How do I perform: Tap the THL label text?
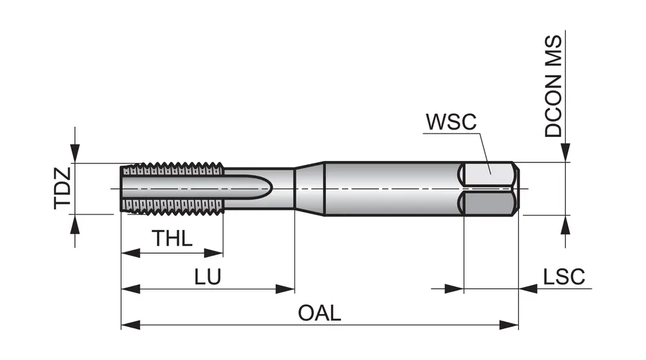click(x=172, y=238)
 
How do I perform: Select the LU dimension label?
click(x=208, y=277)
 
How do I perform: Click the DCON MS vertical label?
click(x=554, y=86)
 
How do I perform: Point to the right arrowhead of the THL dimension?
click(x=215, y=252)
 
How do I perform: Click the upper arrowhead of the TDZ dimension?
click(x=76, y=155)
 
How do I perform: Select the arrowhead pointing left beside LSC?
click(x=527, y=288)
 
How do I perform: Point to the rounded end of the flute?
click(x=269, y=189)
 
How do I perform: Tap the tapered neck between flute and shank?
click(x=309, y=188)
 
